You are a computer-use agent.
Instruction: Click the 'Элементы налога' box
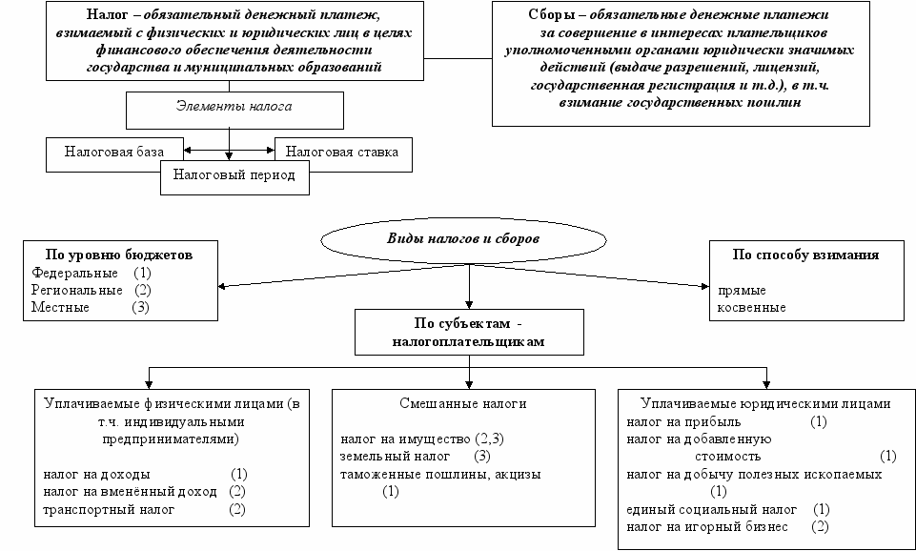pyautogui.click(x=234, y=111)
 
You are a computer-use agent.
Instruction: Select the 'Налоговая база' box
pyautogui.click(x=114, y=154)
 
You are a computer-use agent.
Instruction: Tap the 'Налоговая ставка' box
pyautogui.click(x=343, y=154)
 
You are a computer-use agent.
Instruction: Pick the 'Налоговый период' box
pyautogui.click(x=234, y=176)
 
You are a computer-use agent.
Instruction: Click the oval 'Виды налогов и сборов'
pyautogui.click(x=463, y=239)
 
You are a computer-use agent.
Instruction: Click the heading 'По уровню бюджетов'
pyautogui.click(x=119, y=255)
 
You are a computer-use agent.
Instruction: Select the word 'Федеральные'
pyautogui.click(x=74, y=273)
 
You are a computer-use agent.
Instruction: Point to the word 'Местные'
pyautogui.click(x=60, y=307)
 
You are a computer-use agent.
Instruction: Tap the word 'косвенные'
pyautogui.click(x=752, y=307)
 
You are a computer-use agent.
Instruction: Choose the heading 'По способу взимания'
pyautogui.click(x=805, y=255)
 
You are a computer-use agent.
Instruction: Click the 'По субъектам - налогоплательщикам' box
pyautogui.click(x=469, y=332)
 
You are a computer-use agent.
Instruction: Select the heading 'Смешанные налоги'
pyautogui.click(x=463, y=404)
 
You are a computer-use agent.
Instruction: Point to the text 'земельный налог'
pyautogui.click(x=396, y=456)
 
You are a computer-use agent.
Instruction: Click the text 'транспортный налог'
pyautogui.click(x=109, y=509)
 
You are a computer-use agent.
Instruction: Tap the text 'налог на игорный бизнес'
pyautogui.click(x=707, y=527)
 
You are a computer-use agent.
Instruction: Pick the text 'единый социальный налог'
pyautogui.click(x=711, y=509)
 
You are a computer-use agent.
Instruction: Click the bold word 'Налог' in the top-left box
pyautogui.click(x=107, y=14)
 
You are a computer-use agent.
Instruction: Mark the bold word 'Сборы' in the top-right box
pyautogui.click(x=552, y=14)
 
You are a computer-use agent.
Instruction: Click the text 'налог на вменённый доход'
pyautogui.click(x=130, y=491)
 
